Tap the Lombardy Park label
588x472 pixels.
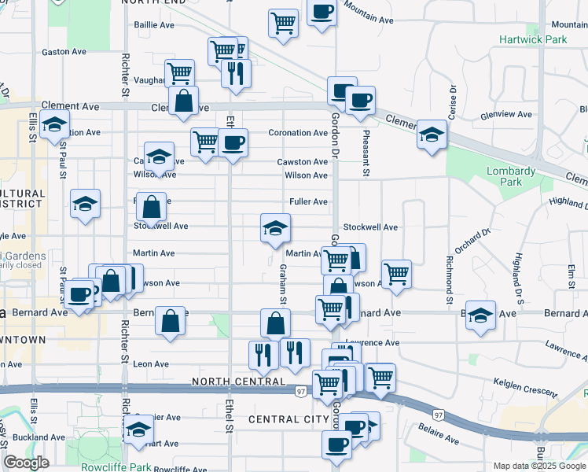pyautogui.click(x=511, y=176)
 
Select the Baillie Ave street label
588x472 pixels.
pyautogui.click(x=154, y=25)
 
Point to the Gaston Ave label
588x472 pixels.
pyautogui.click(x=64, y=52)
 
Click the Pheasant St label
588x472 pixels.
pyautogui.click(x=366, y=153)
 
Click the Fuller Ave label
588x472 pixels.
pyautogui.click(x=308, y=202)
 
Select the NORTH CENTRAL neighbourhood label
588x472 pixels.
pyautogui.click(x=238, y=382)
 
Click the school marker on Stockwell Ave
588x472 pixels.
pyautogui.click(x=274, y=230)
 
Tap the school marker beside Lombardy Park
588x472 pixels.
pyautogui.click(x=432, y=135)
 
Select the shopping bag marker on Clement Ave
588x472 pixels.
pyautogui.click(x=183, y=101)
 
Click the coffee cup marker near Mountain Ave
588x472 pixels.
pyautogui.click(x=322, y=12)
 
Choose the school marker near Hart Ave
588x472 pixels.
pyautogui.click(x=139, y=430)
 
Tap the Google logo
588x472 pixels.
pyautogui.click(x=26, y=463)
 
